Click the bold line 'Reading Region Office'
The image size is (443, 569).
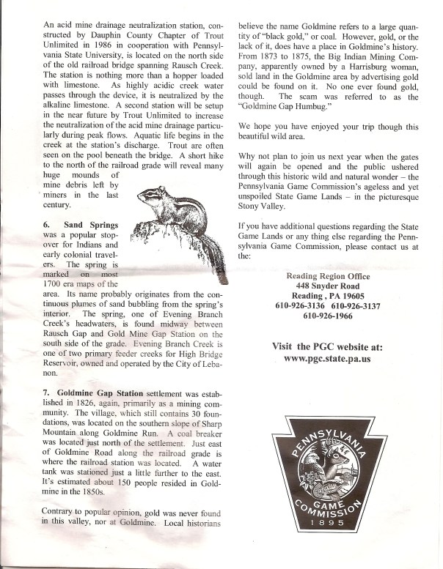pyautogui.click(x=329, y=275)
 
